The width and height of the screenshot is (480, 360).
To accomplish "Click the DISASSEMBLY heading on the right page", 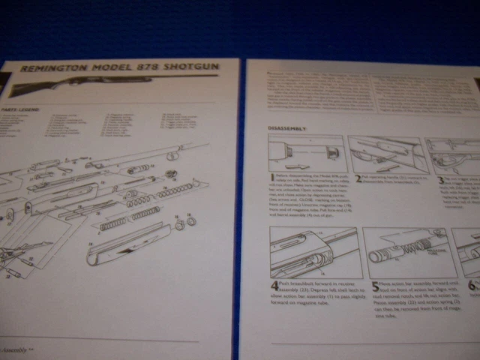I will (x=287, y=128).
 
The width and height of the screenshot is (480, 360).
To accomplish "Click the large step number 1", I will (x=271, y=177).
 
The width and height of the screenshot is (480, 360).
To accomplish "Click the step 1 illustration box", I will (x=305, y=154).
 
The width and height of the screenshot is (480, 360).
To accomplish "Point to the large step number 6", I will (x=471, y=286).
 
